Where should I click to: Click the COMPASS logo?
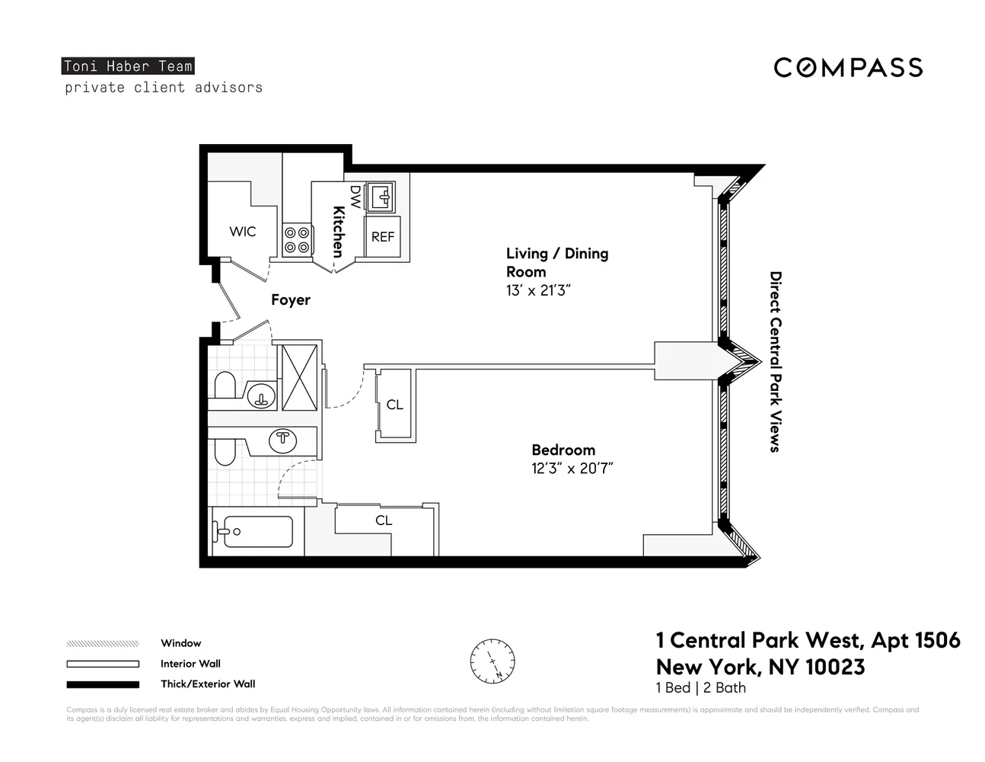tap(848, 68)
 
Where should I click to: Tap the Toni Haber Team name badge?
tap(128, 66)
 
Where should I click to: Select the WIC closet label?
tap(243, 231)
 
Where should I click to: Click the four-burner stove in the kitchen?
tap(297, 240)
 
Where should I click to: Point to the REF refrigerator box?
tap(383, 237)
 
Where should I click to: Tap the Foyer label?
tap(291, 300)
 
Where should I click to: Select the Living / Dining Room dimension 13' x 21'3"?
tap(538, 290)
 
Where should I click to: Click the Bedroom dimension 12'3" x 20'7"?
tap(572, 469)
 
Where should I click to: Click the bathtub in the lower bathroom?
tap(255, 532)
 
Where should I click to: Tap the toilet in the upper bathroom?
tap(225, 386)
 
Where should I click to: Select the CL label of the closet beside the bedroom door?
tap(394, 405)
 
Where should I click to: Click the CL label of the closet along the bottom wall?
tap(384, 520)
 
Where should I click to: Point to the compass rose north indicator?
tap(492, 660)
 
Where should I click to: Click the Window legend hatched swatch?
tap(103, 643)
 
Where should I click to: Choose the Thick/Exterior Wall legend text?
tap(208, 684)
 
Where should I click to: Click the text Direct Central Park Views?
tap(775, 362)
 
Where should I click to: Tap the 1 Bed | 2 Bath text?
tap(700, 688)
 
